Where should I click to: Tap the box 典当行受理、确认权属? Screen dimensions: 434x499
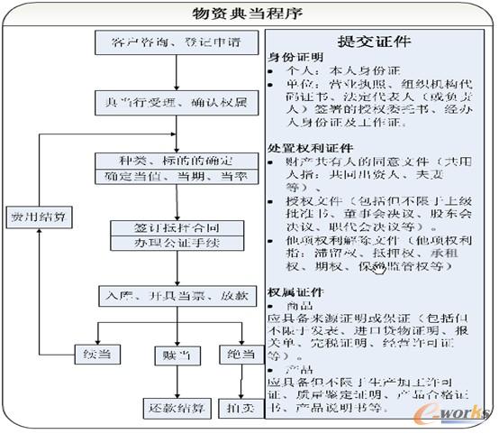tap(175, 103)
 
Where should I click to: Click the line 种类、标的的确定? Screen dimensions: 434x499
tap(175, 161)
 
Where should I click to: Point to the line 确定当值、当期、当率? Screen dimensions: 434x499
tap(175, 177)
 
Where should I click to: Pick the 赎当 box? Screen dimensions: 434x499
tap(177, 355)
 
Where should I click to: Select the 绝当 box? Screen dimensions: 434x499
tap(240, 355)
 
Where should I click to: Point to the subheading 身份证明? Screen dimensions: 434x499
tap(294, 57)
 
